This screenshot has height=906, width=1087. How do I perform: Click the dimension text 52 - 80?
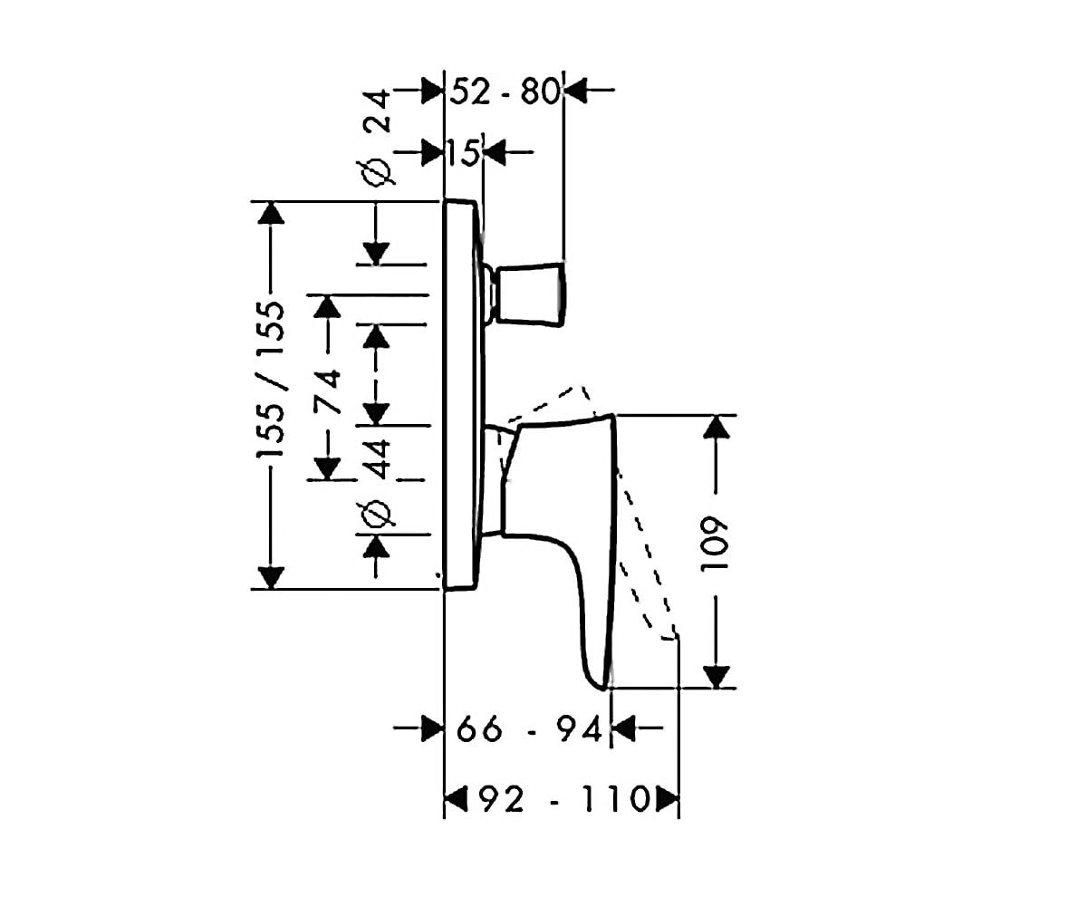(x=505, y=92)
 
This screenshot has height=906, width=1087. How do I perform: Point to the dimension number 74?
(x=328, y=391)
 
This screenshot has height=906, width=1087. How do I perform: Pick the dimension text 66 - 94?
(x=529, y=729)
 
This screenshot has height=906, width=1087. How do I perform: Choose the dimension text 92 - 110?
(x=565, y=799)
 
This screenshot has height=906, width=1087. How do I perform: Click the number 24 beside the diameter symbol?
(x=376, y=111)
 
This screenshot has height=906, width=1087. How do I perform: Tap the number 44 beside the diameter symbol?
(x=376, y=459)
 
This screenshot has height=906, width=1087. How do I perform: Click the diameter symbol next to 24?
(x=376, y=172)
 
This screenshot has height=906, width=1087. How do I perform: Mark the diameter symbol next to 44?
(x=376, y=515)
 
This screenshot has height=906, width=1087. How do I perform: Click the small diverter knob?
(x=531, y=294)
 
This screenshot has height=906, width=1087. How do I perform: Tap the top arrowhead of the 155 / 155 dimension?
(x=271, y=212)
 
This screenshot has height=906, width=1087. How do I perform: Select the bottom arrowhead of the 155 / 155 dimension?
(x=271, y=577)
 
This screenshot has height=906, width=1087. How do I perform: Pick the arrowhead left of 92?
(x=456, y=799)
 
